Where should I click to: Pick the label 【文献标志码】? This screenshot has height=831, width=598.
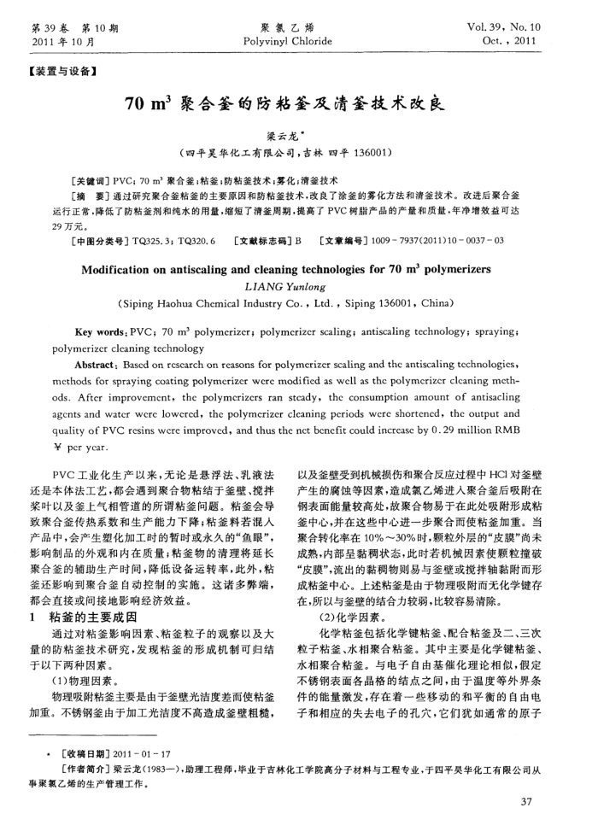pyautogui.click(x=262, y=241)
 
